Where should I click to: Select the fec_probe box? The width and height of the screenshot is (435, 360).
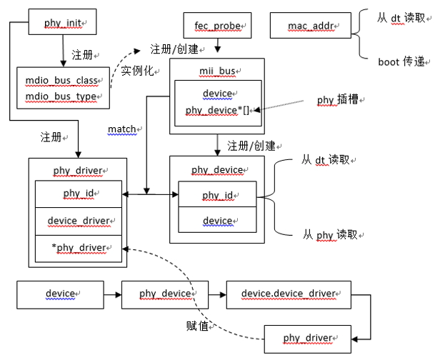[215, 26]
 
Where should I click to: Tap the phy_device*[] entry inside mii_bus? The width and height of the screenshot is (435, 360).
[217, 110]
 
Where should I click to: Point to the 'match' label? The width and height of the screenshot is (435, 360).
[122, 129]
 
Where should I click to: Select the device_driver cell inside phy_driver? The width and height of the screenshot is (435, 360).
[77, 221]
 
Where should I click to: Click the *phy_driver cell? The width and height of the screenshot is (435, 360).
[77, 247]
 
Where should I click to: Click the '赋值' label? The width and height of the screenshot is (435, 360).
[197, 326]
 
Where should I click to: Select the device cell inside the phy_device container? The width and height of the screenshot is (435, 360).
[216, 221]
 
